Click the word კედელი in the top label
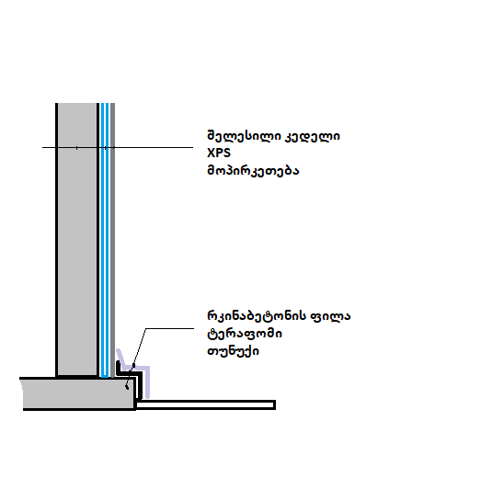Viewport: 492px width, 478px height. (312, 137)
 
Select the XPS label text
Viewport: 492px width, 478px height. (219, 153)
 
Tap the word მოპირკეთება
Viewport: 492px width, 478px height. (253, 171)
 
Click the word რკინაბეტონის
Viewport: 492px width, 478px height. (257, 316)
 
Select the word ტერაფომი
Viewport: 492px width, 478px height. (245, 334)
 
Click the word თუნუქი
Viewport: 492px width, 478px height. (234, 351)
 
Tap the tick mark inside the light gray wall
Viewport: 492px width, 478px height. (77, 147)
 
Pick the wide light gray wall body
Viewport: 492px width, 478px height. (77, 239)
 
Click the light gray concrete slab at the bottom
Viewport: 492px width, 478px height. (78, 394)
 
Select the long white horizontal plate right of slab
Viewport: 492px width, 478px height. (205, 404)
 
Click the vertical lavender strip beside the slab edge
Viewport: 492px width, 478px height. (147, 382)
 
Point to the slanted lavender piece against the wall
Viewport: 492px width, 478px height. (120, 358)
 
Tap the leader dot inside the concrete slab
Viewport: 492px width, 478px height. (127, 387)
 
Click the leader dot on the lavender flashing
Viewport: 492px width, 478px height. (133, 366)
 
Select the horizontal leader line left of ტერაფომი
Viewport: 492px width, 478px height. (170, 329)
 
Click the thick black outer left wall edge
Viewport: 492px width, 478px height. (57, 240)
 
